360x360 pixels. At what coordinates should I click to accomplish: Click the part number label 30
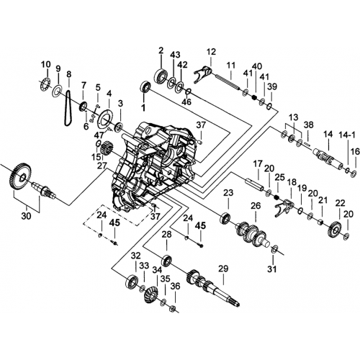(26, 216)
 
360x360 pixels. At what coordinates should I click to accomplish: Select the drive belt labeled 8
(68, 107)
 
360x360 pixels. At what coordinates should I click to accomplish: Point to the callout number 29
(223, 269)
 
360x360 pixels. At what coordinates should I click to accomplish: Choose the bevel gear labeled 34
(150, 295)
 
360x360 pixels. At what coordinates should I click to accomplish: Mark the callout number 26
(256, 206)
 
